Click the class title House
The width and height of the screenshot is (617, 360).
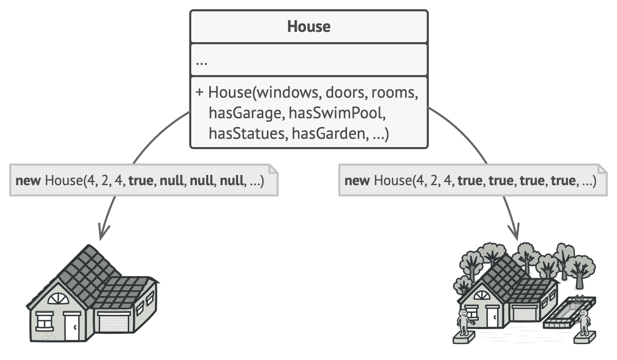[x=308, y=26]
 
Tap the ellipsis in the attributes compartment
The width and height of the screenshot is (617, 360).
[x=202, y=61]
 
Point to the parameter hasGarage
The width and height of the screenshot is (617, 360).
[x=246, y=113]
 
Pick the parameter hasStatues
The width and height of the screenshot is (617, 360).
[x=247, y=134]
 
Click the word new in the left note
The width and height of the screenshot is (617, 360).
[x=28, y=181]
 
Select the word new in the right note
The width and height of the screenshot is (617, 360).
[x=357, y=181]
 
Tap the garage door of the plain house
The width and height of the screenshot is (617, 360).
[x=112, y=324]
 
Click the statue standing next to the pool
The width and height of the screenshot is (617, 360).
[x=584, y=322]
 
